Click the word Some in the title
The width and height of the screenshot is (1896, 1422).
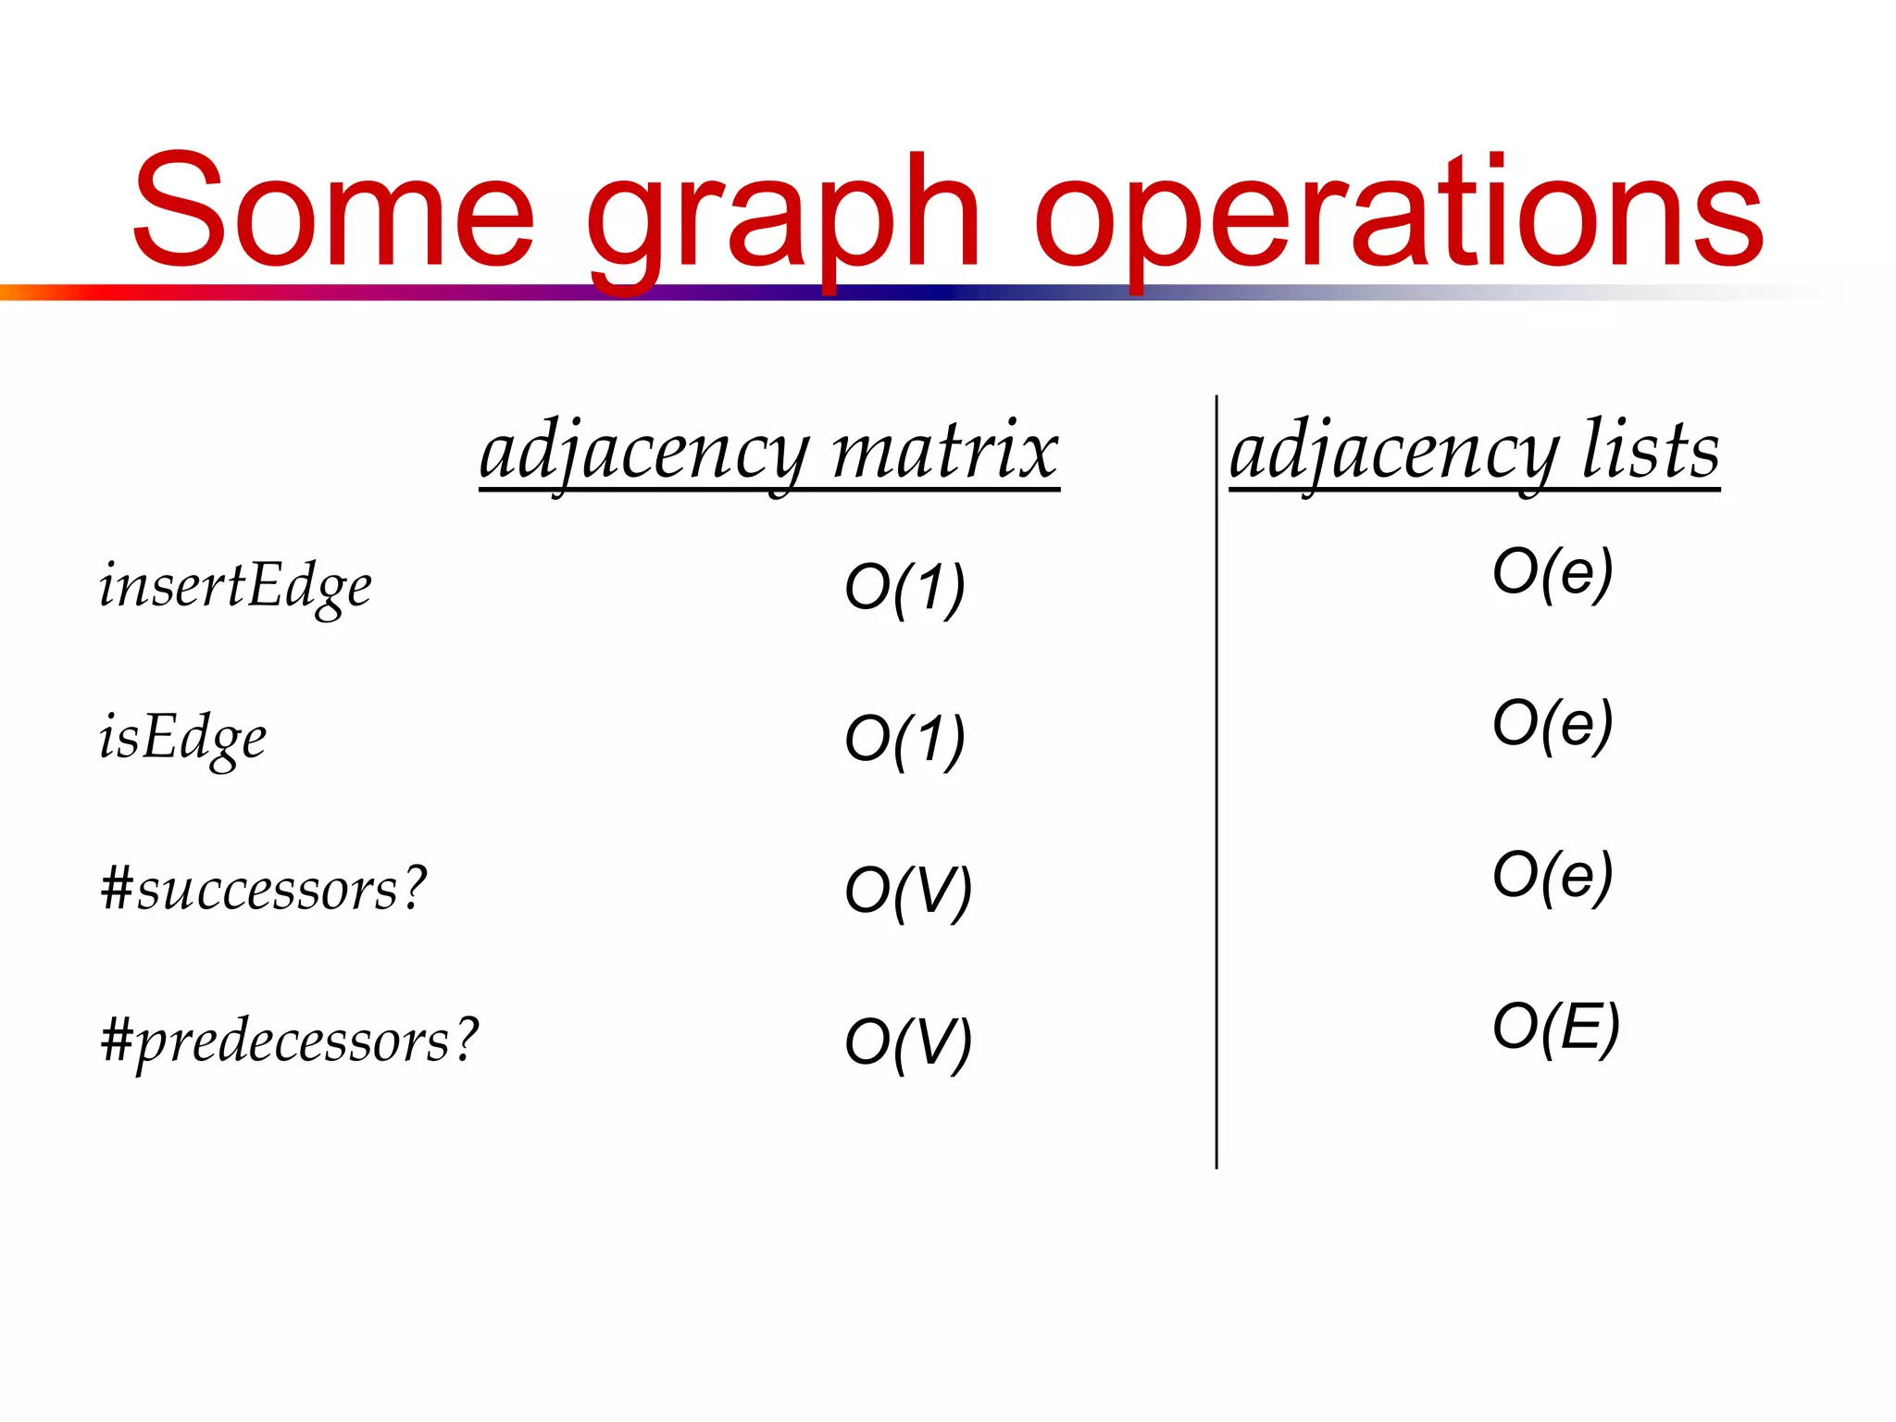point(333,211)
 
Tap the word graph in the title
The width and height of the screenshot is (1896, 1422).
point(783,218)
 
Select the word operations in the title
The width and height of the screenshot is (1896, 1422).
point(1398,218)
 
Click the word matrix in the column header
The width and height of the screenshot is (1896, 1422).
point(944,452)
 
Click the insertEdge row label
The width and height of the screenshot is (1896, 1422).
point(235,587)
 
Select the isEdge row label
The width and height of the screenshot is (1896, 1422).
point(182,739)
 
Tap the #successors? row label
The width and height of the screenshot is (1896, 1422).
point(264,889)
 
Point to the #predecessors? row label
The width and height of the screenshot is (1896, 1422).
point(290,1041)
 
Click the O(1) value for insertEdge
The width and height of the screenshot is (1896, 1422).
point(904,589)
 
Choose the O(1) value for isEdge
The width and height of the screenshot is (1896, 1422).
point(904,741)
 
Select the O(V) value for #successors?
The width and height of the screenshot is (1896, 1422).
point(908,892)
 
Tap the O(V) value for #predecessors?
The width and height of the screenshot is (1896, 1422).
point(908,1044)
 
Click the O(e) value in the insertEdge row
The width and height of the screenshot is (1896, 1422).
point(1553,573)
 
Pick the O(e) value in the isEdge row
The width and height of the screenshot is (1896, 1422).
point(1553,725)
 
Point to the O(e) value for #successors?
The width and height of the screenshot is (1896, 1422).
point(1553,877)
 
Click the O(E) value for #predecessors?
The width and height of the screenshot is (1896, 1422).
point(1556,1028)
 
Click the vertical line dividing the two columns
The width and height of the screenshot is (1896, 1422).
point(1216,787)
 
